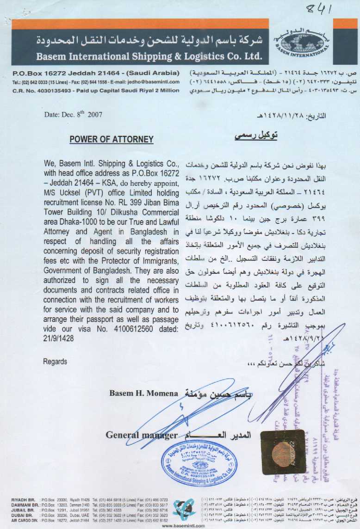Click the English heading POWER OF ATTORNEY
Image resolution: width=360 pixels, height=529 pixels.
click(x=112, y=139)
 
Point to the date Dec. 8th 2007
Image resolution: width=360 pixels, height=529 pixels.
click(x=74, y=114)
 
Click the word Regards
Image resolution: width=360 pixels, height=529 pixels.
click(x=55, y=361)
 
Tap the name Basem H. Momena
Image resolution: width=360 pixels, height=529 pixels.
click(x=143, y=394)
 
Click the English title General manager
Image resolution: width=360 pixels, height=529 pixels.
click(x=141, y=435)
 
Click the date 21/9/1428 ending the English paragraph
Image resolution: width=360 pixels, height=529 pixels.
click(x=59, y=338)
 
